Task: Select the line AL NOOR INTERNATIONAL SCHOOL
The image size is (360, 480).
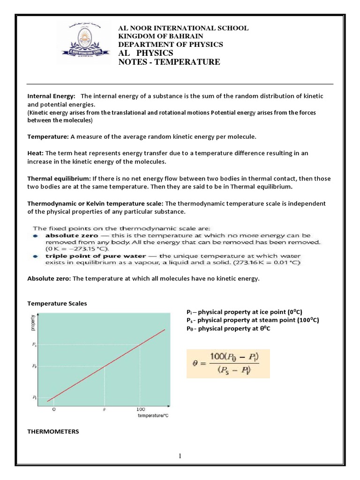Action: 183,29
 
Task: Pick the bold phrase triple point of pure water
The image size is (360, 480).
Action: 96,256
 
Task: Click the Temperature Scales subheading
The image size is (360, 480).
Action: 57,303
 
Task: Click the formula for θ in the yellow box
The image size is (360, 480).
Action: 228,363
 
